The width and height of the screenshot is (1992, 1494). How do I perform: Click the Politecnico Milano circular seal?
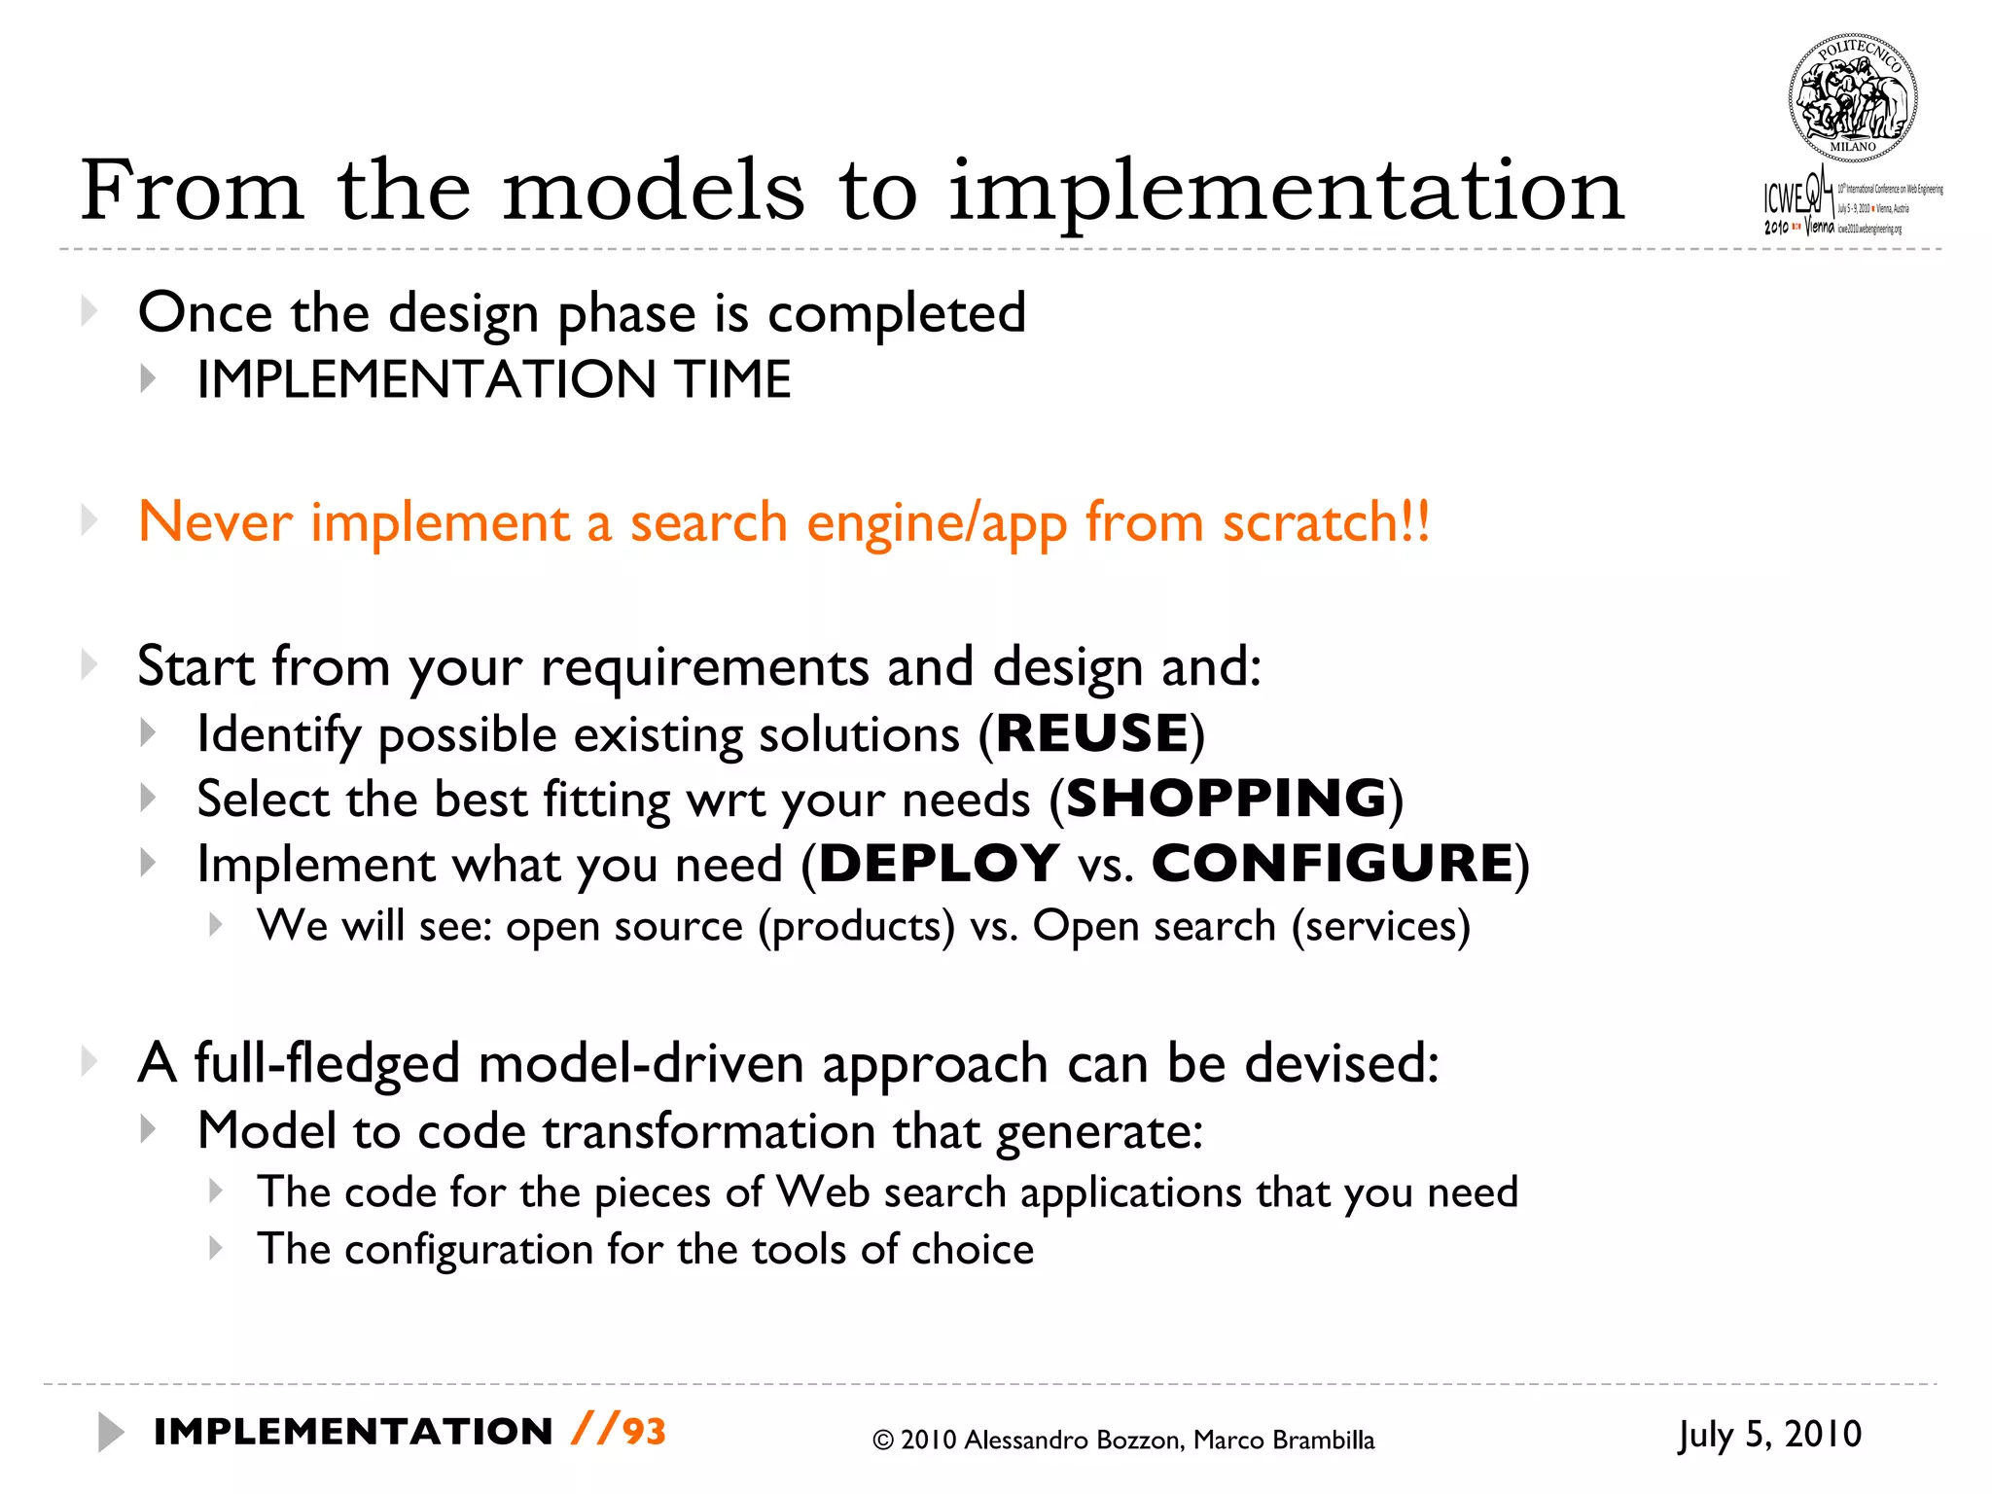click(1852, 98)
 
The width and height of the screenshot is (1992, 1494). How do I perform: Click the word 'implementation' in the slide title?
click(1286, 191)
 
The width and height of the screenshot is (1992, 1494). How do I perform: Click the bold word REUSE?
click(1091, 733)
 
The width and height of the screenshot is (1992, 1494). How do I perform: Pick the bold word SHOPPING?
click(1227, 799)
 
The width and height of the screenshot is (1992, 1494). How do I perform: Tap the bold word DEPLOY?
click(940, 864)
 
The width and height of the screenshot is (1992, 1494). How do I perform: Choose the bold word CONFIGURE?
click(1333, 864)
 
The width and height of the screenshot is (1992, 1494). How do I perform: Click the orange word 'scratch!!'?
click(1326, 522)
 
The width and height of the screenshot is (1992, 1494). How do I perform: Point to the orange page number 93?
click(644, 1432)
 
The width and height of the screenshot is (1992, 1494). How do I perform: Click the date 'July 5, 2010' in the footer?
click(1769, 1435)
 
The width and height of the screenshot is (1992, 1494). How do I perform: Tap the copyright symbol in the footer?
click(882, 1441)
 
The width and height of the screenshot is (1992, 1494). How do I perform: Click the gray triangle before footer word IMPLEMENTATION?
click(110, 1433)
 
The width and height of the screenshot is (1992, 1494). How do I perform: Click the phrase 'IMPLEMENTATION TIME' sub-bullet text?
click(493, 379)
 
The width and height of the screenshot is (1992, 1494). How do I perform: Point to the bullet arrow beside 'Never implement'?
click(89, 521)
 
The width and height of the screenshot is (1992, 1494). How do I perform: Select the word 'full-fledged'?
click(327, 1063)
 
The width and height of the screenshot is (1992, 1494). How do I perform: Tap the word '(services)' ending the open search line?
click(1380, 926)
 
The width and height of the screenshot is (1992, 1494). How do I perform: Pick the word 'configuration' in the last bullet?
click(468, 1250)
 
